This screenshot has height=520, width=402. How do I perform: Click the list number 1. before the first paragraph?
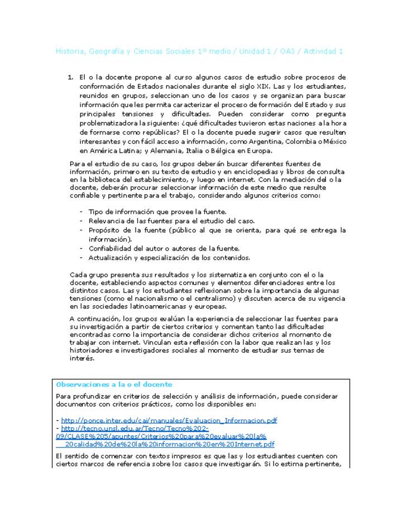point(71,78)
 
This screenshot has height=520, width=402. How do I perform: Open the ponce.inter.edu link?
point(169,421)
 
